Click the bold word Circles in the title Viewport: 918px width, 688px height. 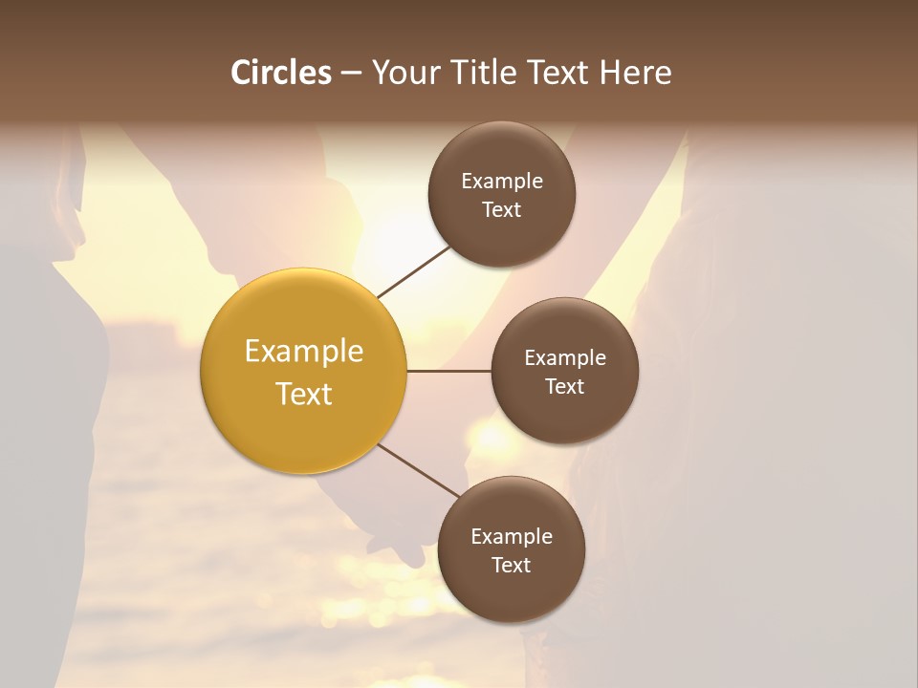pos(281,73)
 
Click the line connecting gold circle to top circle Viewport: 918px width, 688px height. pos(413,270)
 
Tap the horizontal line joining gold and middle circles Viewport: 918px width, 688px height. pos(448,371)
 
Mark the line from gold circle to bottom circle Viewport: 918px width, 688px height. pos(419,470)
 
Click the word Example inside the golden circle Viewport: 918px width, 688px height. pos(303,352)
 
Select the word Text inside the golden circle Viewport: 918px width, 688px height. pos(303,394)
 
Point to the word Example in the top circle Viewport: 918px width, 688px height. pos(501,181)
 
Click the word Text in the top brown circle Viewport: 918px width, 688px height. pos(501,209)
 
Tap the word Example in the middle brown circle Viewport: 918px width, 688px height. pos(564,357)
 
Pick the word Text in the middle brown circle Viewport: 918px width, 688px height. pos(564,386)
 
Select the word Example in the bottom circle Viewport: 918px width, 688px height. pos(511,536)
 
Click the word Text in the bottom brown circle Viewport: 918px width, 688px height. pos(511,565)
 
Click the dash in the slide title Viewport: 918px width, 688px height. pos(350,73)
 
